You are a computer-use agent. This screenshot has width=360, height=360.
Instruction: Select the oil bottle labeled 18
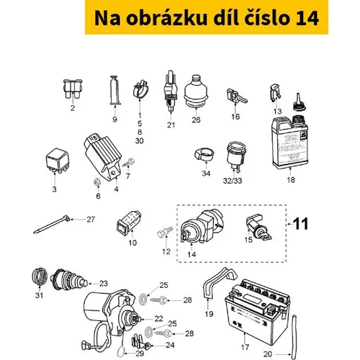point(290,141)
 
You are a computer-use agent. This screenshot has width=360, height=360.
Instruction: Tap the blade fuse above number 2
point(73,89)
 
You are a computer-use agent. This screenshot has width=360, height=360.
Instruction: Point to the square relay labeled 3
point(57,160)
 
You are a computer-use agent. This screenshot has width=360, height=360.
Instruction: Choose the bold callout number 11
point(301,224)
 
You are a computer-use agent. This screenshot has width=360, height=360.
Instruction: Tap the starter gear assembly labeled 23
point(69,279)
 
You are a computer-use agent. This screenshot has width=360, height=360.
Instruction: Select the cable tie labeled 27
point(52,224)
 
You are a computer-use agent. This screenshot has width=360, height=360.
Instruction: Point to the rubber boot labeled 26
point(196,91)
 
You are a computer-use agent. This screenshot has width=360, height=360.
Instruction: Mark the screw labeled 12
point(165,232)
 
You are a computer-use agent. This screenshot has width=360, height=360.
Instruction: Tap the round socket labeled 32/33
point(235,156)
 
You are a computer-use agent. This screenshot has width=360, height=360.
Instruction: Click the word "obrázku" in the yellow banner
point(166,18)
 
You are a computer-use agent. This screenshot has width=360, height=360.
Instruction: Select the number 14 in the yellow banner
point(307,18)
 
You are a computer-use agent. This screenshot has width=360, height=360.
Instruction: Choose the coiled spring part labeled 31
point(40,276)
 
